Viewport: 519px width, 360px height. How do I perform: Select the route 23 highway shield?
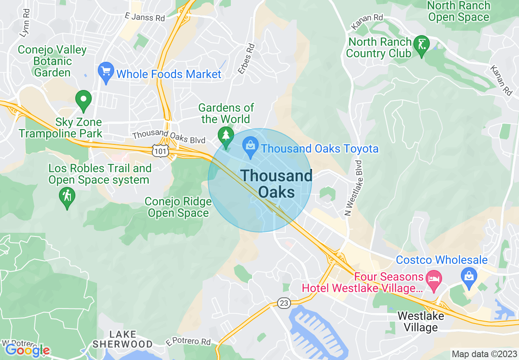tap(284, 303)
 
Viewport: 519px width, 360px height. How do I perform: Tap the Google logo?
tap(27, 350)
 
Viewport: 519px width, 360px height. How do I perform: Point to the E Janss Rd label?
tap(145, 17)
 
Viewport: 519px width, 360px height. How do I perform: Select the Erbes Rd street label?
tap(246, 60)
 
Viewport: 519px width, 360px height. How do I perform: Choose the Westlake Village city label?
tap(421, 322)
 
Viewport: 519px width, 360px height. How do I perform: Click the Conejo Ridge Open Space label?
tap(178, 207)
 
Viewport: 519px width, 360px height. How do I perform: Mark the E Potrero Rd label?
tap(189, 341)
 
